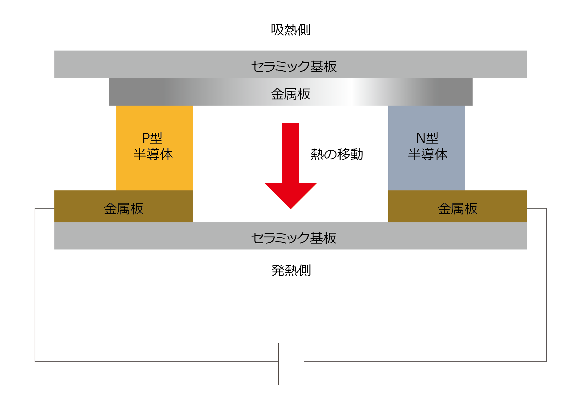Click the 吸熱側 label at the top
click(290, 30)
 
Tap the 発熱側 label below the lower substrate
click(291, 270)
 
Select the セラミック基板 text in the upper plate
click(293, 66)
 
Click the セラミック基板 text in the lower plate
click(293, 238)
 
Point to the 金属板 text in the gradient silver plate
click(290, 94)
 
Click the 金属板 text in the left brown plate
click(123, 209)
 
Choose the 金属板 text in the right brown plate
click(457, 209)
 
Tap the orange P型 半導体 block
click(154, 174)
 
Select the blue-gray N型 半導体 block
click(426, 174)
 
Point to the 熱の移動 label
click(337, 154)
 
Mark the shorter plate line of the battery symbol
click(278, 364)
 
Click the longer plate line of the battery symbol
click(304, 364)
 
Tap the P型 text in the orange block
click(152, 138)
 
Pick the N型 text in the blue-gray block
click(427, 138)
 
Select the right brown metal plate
click(501, 206)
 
